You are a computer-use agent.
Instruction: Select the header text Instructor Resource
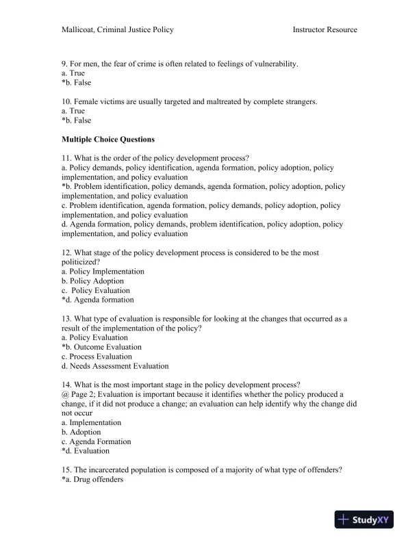325,29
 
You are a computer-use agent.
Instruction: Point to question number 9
64,64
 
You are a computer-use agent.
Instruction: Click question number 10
66,102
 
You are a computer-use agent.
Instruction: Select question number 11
66,158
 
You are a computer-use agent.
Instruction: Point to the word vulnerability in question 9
275,64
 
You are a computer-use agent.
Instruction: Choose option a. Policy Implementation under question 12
103,271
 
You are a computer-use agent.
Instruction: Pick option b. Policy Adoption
92,281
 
